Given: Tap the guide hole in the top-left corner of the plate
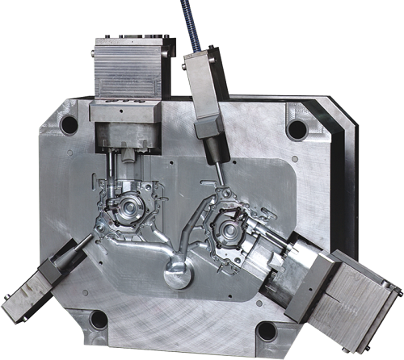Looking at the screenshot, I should pos(69,126).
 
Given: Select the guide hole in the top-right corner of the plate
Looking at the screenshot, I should pos(297,129).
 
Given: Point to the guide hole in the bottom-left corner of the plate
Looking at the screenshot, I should pos(99,320).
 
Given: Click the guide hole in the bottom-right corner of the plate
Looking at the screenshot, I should pos(266,331).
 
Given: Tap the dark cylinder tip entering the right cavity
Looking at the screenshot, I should pos(217,170).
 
